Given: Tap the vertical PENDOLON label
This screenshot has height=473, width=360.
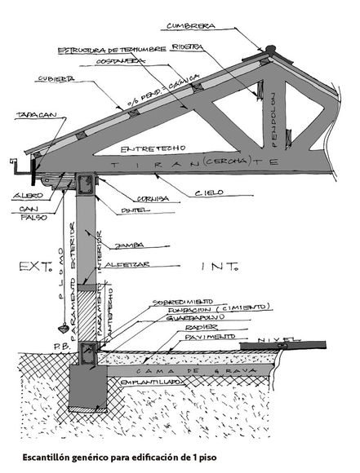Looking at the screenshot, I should pyautogui.click(x=270, y=117).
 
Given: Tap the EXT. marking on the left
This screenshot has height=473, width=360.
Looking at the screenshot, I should pyautogui.click(x=33, y=265).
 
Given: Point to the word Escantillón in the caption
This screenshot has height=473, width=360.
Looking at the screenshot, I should pyautogui.click(x=51, y=458).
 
